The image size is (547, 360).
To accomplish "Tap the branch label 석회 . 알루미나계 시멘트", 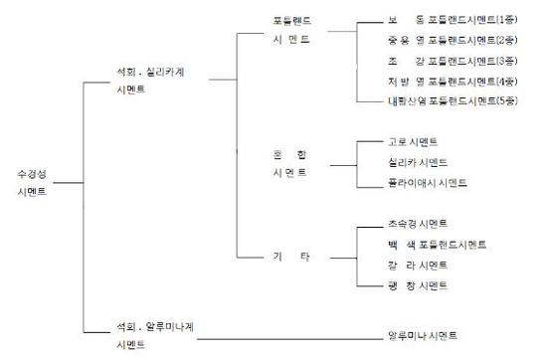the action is click(150, 335).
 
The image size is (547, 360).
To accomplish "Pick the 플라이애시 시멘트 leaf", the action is click(426, 183).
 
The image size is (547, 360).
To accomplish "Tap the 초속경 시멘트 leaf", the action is click(418, 223).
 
